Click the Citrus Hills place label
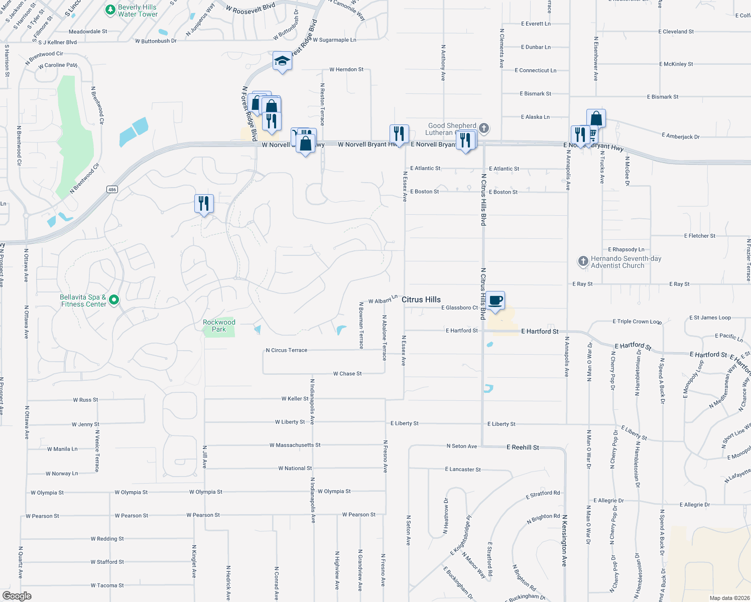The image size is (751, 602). pos(421,299)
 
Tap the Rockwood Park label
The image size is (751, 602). pos(219,326)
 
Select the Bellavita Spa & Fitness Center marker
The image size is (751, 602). pos(114,300)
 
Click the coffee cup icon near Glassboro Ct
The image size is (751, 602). pos(495,301)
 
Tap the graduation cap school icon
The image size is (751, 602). pos(282,61)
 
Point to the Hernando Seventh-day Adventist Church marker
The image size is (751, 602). pos(583,261)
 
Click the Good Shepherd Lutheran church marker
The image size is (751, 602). pos(484,128)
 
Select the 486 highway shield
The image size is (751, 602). pos(112,189)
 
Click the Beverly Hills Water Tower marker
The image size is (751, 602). pos(110,10)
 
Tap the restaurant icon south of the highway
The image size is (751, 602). pos(204,204)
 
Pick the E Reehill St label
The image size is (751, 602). pos(523,447)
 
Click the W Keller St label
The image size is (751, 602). pos(295,399)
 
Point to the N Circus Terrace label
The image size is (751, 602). pos(286,350)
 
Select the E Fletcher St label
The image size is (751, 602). pos(699,236)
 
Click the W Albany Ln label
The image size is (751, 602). pos(383,300)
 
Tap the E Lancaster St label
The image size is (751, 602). pos(463,470)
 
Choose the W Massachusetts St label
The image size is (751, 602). pos(295,445)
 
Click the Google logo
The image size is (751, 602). pos(17,595)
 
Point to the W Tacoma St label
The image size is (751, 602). pos(107,585)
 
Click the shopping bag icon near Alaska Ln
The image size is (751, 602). pos(596,119)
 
